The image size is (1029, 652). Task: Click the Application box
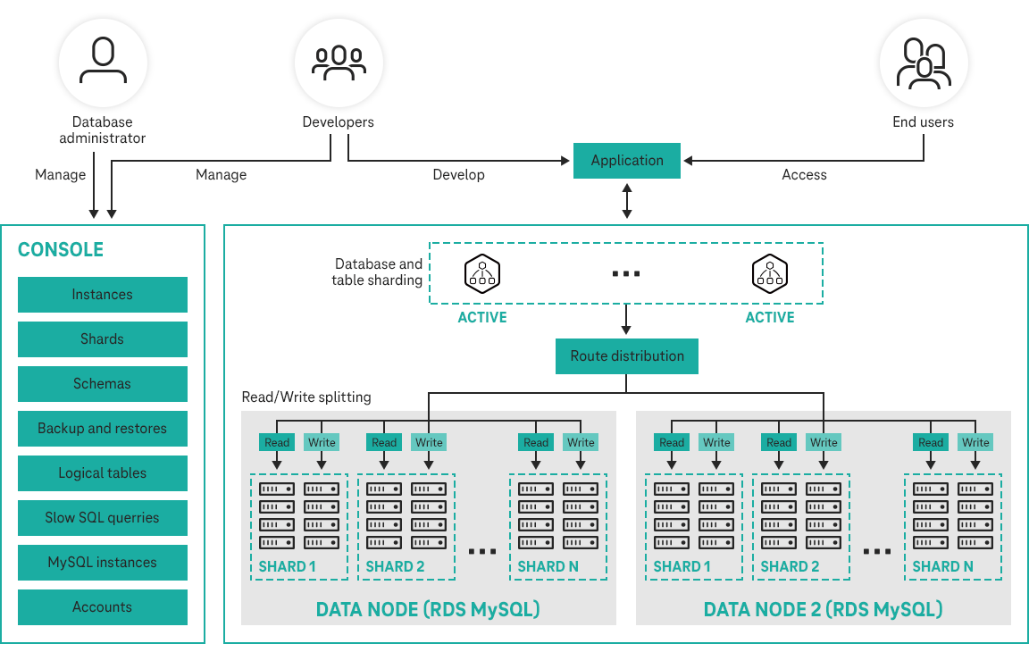627,161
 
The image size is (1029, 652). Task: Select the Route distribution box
627,356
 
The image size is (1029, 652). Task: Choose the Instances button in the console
103,295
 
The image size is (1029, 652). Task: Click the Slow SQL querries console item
103,518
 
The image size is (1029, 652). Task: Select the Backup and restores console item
103,429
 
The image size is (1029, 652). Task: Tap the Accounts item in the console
103,607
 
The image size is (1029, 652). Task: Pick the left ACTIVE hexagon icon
482,273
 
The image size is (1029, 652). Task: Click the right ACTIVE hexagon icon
769,273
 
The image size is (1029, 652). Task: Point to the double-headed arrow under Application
627,200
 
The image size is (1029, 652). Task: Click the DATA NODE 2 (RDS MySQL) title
823,610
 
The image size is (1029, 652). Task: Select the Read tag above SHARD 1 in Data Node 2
672,442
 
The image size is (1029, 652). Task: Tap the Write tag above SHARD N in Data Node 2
975,442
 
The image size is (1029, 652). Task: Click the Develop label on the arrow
458,175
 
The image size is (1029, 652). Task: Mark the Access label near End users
804,175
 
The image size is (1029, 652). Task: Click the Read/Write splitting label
306,397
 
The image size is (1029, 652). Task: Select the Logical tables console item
103,473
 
